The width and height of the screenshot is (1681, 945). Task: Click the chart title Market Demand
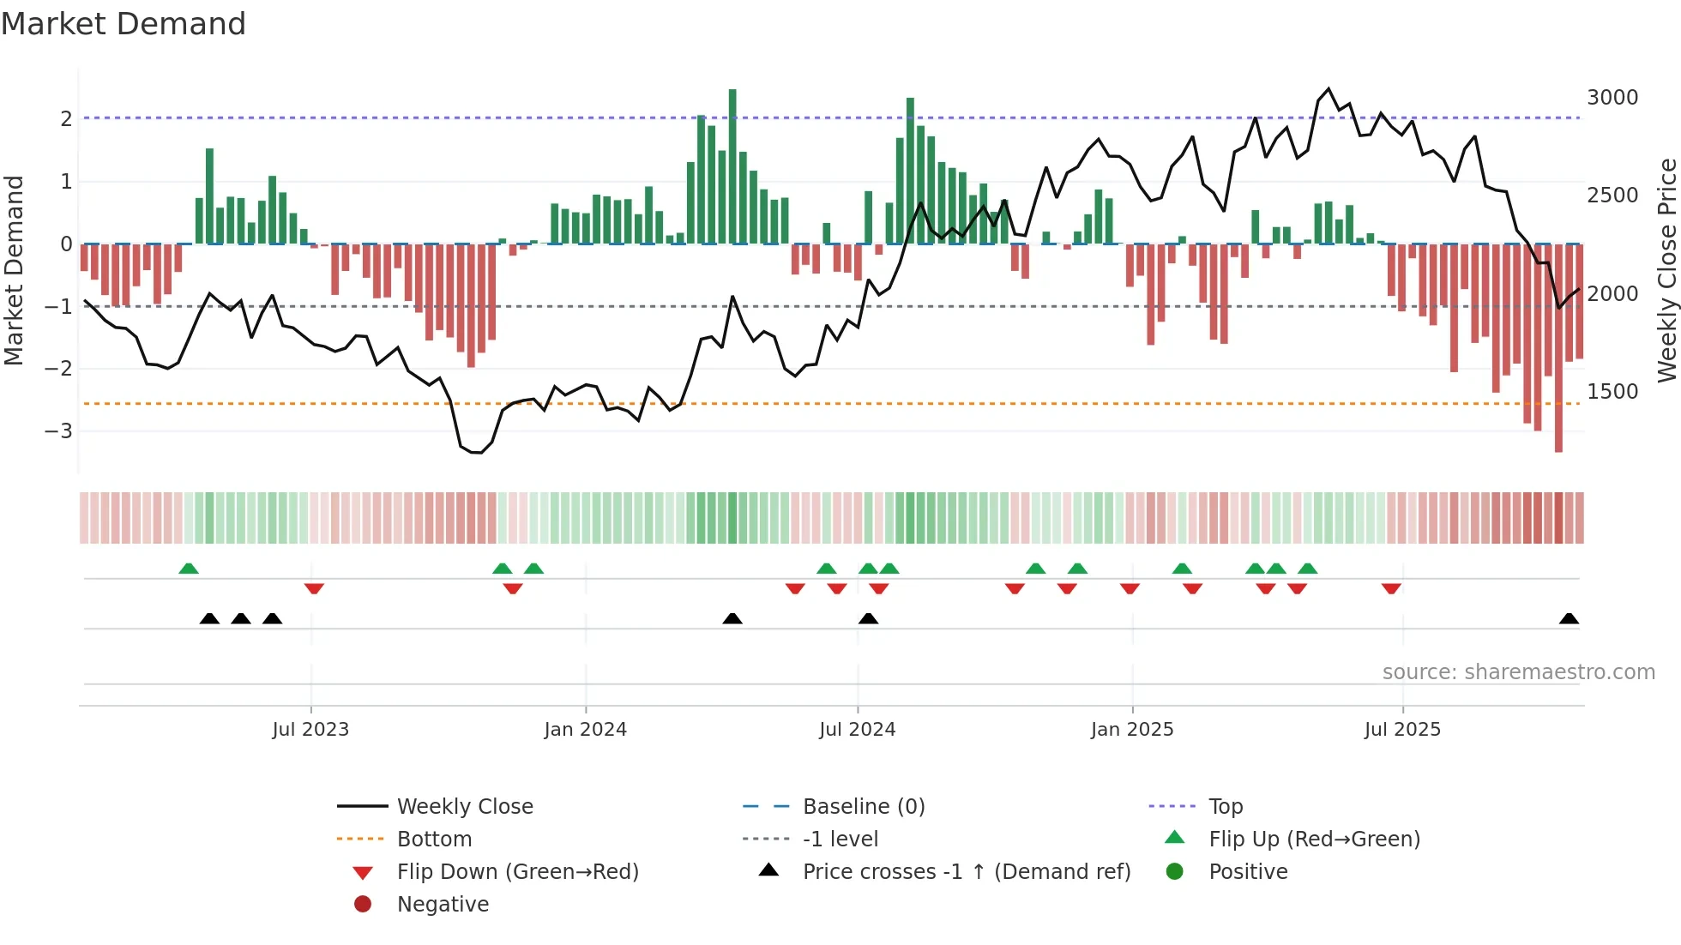pos(124,24)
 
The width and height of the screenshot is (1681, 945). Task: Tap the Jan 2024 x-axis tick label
pos(585,730)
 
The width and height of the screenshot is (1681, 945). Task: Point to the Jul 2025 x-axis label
pos(1402,730)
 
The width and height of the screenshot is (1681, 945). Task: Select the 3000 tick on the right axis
pos(1612,98)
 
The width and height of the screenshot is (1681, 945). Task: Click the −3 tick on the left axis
pos(59,430)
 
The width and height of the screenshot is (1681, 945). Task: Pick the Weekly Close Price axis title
pos(1666,270)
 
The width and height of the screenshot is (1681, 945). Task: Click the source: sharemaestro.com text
pos(1518,672)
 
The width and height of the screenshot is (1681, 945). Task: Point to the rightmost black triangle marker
pos(1569,618)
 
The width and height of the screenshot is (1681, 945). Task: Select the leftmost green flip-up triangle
pos(189,569)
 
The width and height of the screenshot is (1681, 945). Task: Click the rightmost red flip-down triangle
pos(1391,588)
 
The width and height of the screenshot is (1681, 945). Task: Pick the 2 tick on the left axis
pos(66,118)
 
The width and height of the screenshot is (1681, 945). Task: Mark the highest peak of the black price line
pos(1329,89)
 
